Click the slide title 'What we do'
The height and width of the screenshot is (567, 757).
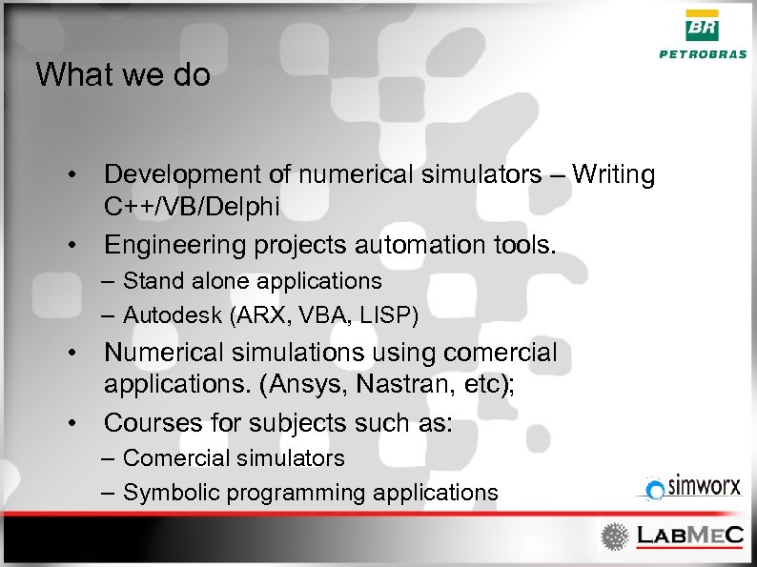pyautogui.click(x=123, y=75)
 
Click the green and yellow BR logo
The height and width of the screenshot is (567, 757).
pyautogui.click(x=703, y=26)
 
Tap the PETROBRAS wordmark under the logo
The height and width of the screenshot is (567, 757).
pyautogui.click(x=703, y=54)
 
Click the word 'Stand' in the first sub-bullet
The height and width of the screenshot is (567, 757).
pyautogui.click(x=148, y=281)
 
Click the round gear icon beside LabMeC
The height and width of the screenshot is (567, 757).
pyautogui.click(x=615, y=537)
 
